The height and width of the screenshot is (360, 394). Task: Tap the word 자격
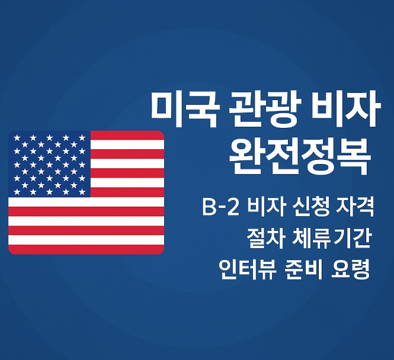(353, 208)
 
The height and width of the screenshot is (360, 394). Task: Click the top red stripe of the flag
(127, 136)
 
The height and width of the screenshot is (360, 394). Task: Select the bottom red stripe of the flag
(86, 249)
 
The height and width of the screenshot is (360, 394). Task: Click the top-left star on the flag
(17, 138)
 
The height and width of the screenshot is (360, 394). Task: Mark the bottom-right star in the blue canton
(82, 191)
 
